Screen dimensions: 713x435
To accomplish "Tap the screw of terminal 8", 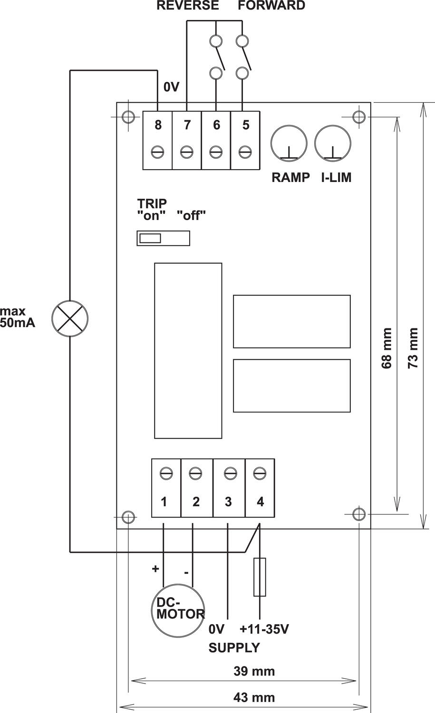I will (158, 152).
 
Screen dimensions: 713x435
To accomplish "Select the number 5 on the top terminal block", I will (245, 125).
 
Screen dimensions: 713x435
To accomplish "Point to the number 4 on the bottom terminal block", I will (260, 501).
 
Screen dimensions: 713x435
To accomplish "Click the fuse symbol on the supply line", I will (260, 577).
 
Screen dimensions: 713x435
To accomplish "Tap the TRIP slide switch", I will (163, 238).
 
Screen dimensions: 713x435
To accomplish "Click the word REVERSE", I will (188, 6).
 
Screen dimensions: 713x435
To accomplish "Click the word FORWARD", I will (271, 6).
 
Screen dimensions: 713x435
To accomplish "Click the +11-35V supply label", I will (264, 629).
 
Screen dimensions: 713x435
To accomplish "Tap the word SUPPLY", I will (234, 647).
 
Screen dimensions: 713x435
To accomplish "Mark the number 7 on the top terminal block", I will (187, 125).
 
